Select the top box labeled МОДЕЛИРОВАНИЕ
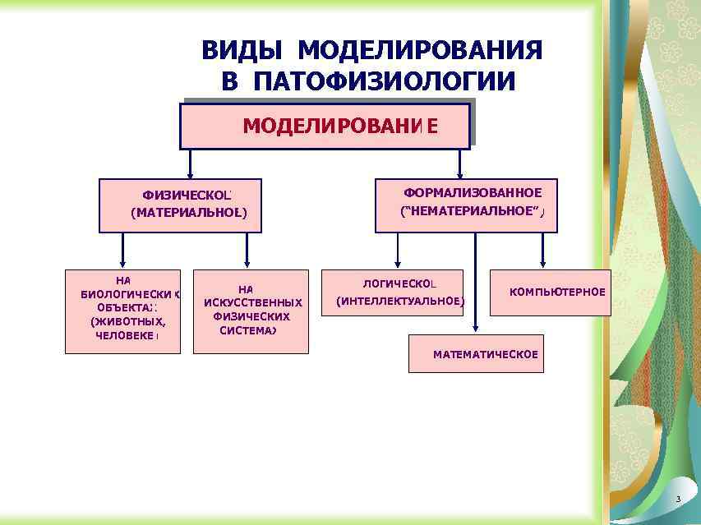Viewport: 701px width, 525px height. click(x=325, y=126)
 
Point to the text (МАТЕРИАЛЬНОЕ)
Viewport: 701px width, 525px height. click(x=188, y=214)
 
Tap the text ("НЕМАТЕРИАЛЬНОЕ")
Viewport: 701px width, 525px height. click(x=472, y=211)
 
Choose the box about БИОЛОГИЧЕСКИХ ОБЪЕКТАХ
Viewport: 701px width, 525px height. click(x=122, y=311)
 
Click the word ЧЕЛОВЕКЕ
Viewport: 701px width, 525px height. click(x=126, y=335)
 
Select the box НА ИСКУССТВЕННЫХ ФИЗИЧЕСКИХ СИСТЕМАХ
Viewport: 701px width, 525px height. click(x=251, y=311)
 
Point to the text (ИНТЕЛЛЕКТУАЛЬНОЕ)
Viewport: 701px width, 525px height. click(x=400, y=301)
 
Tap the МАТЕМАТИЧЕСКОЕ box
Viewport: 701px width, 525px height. click(x=476, y=354)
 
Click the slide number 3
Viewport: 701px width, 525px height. click(x=678, y=500)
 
